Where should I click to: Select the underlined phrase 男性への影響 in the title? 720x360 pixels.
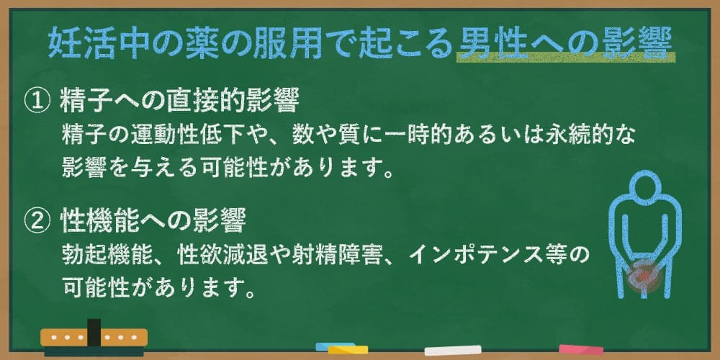coord(565,44)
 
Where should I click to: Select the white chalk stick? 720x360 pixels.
coord(452,351)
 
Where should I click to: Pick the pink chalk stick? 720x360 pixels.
coord(580,349)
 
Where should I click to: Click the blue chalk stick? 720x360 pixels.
coord(336,348)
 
